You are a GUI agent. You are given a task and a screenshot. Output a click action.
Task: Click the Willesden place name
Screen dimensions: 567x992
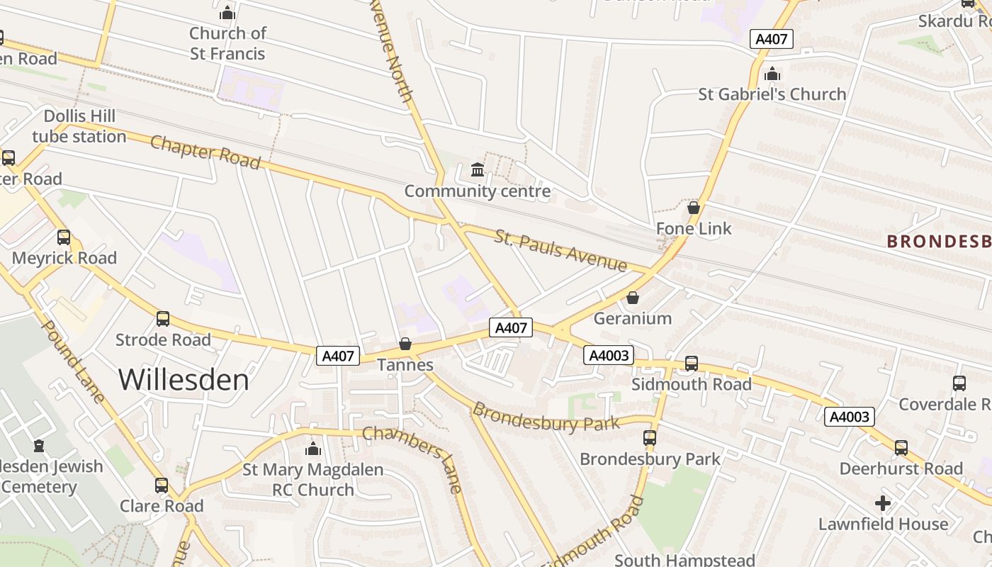click(x=184, y=380)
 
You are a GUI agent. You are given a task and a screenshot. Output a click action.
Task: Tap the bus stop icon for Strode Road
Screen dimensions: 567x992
click(x=163, y=319)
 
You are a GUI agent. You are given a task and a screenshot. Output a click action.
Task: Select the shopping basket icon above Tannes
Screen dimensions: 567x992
click(x=405, y=344)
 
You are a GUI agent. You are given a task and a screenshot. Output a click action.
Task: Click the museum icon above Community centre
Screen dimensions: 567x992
click(x=478, y=170)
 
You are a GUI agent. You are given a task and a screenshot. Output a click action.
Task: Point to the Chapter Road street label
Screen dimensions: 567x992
click(x=205, y=152)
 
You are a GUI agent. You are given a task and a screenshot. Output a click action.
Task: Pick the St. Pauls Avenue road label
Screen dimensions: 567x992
click(x=560, y=250)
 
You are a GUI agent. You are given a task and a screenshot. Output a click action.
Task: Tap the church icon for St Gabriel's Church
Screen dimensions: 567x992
click(x=772, y=74)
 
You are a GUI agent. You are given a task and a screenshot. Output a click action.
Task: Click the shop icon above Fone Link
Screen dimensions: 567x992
click(x=694, y=208)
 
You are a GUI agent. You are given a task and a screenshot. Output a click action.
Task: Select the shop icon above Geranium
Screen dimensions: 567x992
click(x=633, y=298)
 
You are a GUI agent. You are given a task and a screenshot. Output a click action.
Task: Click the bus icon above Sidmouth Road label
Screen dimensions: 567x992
click(x=692, y=364)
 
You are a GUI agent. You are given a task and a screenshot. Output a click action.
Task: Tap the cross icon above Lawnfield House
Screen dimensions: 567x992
click(x=883, y=503)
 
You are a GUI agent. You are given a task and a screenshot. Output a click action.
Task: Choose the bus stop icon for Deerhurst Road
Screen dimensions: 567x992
click(x=901, y=448)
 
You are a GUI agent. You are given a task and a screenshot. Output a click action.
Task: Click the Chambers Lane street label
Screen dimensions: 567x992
click(x=413, y=459)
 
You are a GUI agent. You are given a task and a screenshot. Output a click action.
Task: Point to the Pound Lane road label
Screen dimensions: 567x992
click(x=74, y=361)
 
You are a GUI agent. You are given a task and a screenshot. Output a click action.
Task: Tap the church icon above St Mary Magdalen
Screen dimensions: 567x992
click(x=313, y=449)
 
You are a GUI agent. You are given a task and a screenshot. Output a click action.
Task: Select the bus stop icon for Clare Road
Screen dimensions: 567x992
click(x=162, y=485)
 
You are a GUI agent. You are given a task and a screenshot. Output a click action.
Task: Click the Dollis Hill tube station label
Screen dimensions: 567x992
click(x=79, y=126)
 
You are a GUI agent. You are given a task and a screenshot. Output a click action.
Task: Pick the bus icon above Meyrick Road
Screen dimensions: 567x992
click(x=64, y=237)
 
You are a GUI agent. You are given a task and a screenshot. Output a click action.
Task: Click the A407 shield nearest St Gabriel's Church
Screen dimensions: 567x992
click(x=772, y=39)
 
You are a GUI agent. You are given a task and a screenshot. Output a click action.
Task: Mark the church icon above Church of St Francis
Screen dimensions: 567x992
click(x=227, y=13)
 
